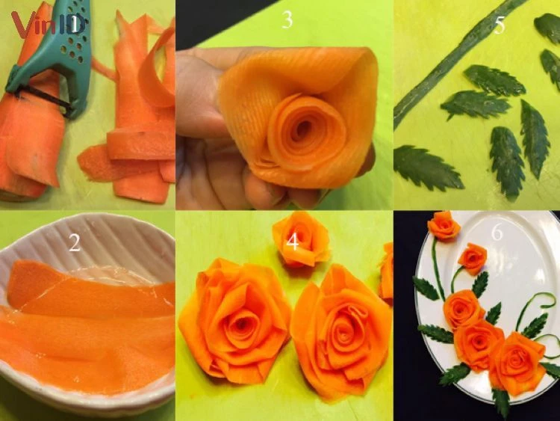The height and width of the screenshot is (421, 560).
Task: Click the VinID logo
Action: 49,25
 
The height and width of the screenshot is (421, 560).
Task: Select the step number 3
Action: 287,19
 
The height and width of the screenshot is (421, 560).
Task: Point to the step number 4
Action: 293,242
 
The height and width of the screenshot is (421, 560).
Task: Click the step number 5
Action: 500,25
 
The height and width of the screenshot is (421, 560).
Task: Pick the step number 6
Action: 497,233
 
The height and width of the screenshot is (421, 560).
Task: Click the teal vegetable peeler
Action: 54,61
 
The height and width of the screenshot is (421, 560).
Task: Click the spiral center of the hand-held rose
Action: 304,127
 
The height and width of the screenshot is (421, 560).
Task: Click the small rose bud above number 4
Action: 301,239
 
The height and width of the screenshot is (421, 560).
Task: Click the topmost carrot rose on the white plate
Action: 444,225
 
